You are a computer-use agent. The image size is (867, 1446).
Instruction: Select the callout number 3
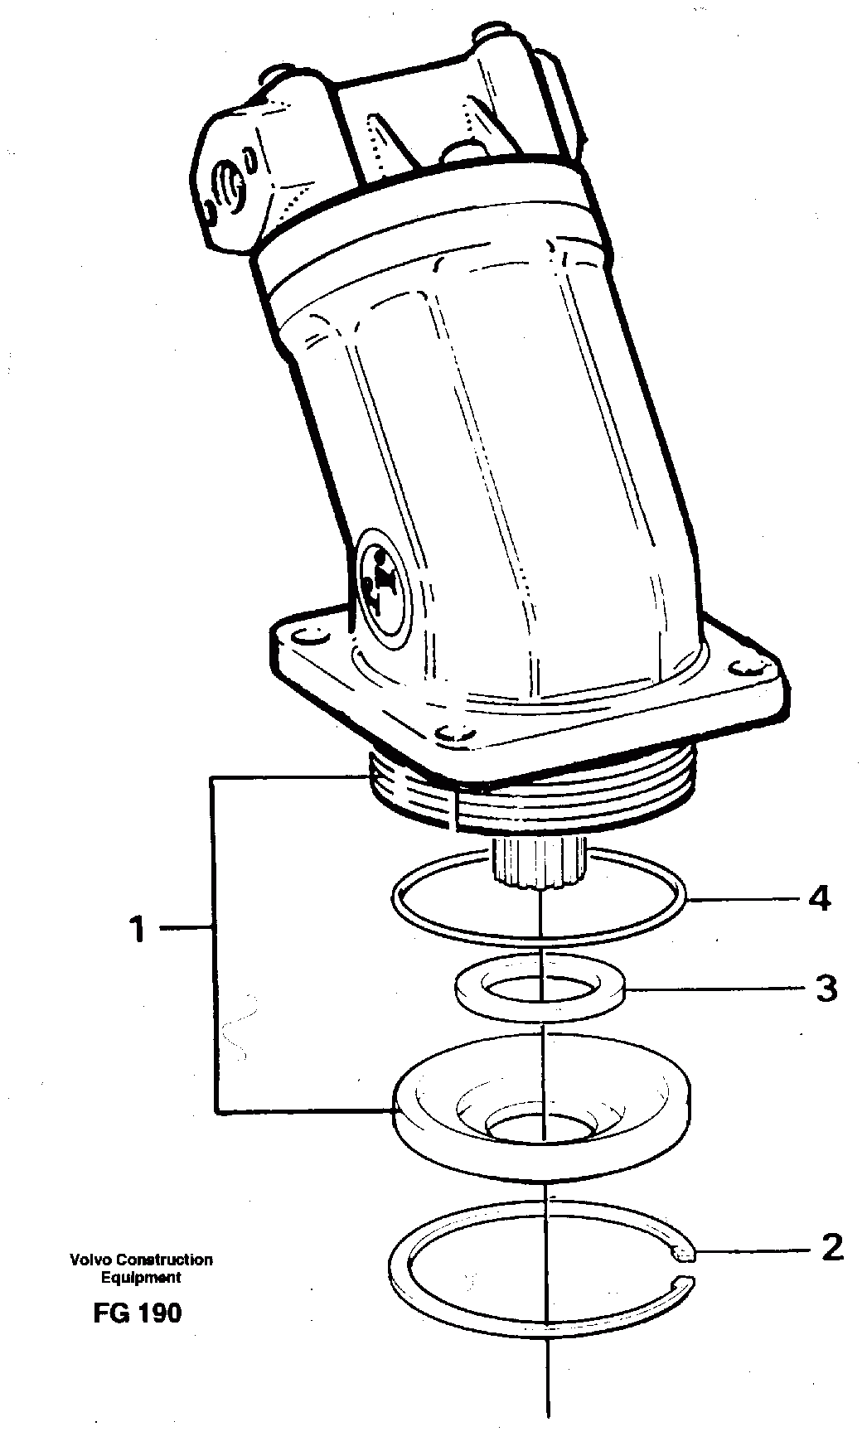click(x=826, y=989)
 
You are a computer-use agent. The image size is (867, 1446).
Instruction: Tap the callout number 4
click(x=819, y=898)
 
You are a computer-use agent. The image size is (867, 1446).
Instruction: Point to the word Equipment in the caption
click(x=140, y=1277)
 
